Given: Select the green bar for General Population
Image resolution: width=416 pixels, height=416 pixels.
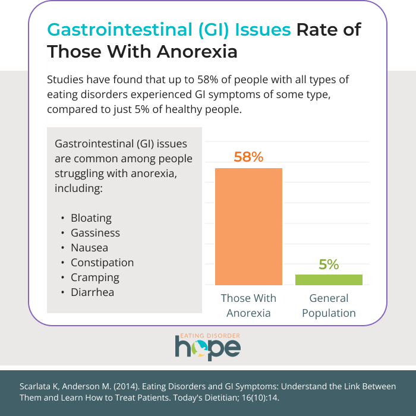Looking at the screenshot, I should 329,280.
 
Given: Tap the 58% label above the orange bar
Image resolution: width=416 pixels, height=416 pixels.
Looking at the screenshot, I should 248,157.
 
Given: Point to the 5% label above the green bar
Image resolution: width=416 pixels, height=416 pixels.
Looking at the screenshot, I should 329,264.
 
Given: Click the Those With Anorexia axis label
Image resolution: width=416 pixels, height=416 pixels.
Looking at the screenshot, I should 248,305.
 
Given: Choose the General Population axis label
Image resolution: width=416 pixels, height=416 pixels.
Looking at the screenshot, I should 329,305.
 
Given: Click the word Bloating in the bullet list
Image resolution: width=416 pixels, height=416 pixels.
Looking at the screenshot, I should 91,218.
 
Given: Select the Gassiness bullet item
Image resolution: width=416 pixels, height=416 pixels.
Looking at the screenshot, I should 95,233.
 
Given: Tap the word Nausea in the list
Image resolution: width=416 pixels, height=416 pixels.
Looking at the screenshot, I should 89,248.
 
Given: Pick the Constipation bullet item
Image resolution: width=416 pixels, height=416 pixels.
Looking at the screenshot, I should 102,263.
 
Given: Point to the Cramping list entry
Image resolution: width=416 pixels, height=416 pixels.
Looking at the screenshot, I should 95,278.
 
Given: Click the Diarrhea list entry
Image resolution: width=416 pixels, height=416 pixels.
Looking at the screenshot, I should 92,292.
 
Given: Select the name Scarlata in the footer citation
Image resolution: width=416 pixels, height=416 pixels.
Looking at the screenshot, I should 34,386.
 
